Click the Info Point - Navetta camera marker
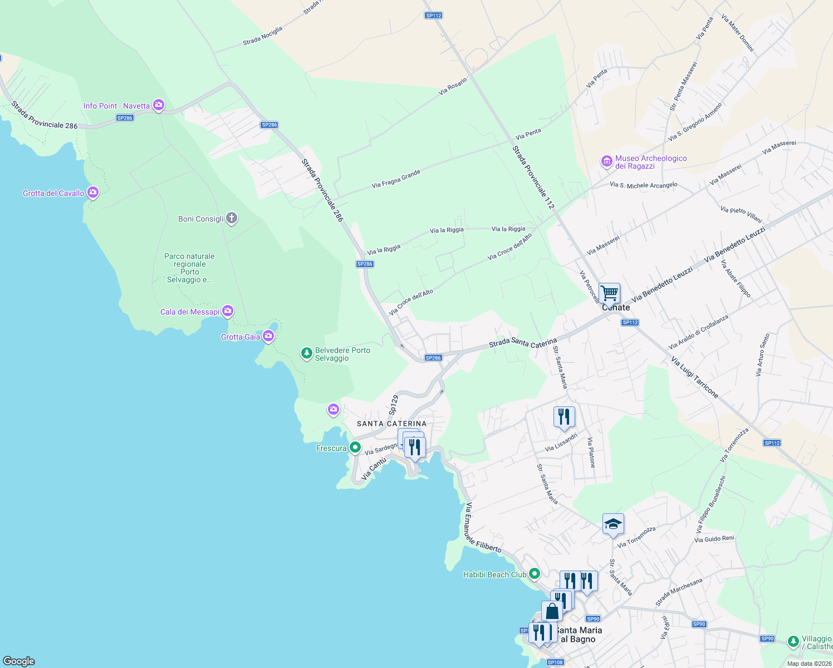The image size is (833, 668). point(159,105)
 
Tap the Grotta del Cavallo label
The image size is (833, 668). point(53,193)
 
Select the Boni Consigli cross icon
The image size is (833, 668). point(232,218)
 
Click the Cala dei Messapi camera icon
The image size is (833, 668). point(228,311)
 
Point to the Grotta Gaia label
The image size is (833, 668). point(241,337)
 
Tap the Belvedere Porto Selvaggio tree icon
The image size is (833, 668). point(306,353)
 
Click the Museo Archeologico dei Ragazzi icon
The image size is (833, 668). point(607,161)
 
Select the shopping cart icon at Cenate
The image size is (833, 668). point(610,292)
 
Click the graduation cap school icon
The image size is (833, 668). point(613,524)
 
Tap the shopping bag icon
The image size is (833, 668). point(552,611)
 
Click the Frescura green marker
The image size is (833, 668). point(355,448)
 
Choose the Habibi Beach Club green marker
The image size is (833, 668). point(535,573)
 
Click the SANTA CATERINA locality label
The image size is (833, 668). point(391,424)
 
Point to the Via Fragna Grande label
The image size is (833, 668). point(396,179)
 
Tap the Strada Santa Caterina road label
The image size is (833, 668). point(523,343)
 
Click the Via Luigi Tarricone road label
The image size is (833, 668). point(694,377)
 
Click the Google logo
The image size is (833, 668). point(19,661)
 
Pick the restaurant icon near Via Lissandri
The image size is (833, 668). point(564,416)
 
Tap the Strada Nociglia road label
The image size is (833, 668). point(263,36)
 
